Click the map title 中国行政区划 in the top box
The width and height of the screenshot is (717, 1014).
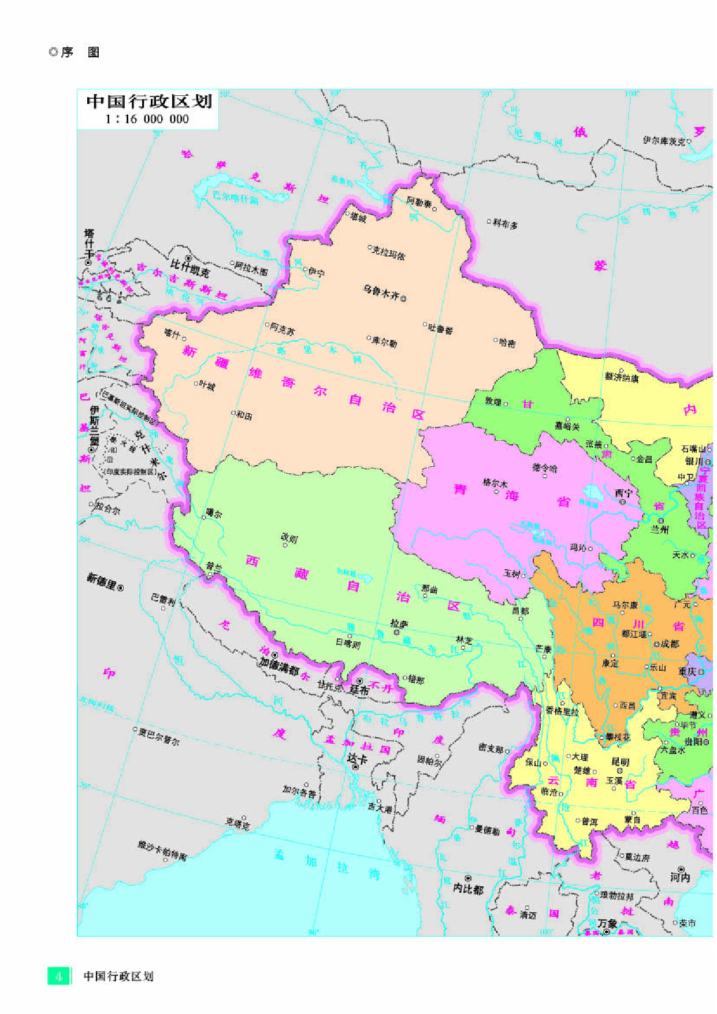click(x=149, y=102)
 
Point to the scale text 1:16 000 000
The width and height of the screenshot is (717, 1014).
click(x=147, y=119)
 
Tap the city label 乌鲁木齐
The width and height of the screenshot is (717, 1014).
click(x=381, y=292)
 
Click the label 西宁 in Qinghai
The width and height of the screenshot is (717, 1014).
click(x=623, y=493)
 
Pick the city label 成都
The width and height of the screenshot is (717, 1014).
click(x=670, y=643)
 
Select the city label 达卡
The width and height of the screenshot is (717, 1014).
click(x=357, y=758)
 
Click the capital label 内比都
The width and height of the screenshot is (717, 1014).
click(x=468, y=889)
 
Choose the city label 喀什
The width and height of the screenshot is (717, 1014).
click(x=172, y=333)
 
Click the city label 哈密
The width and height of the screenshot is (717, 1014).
click(x=507, y=343)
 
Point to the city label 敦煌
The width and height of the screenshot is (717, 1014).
click(x=493, y=401)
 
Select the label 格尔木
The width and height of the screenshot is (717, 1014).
click(x=495, y=482)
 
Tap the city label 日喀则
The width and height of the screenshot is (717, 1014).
click(x=348, y=642)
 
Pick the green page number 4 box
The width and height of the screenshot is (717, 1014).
click(x=58, y=976)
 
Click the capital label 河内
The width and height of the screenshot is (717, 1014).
click(x=680, y=877)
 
